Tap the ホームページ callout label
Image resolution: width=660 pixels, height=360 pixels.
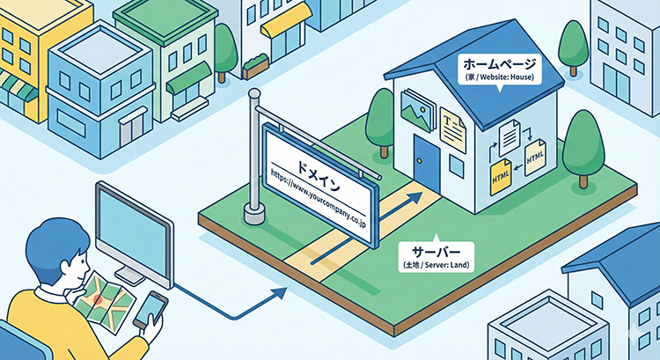tap(497, 68)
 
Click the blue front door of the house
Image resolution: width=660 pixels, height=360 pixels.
tap(428, 167)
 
